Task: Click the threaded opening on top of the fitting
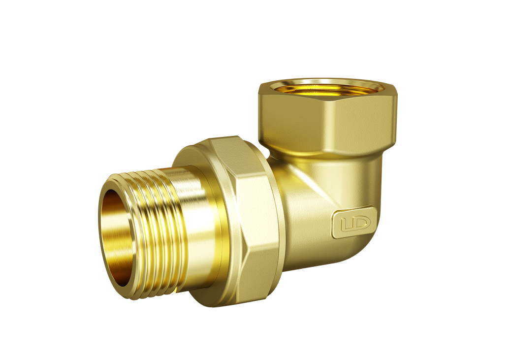[327, 89]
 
